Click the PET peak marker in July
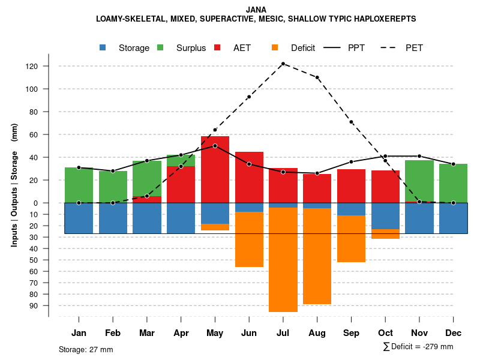tap(283, 64)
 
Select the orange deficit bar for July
tap(283, 259)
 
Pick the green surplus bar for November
tap(419, 181)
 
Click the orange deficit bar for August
tap(317, 256)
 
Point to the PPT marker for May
tap(215, 146)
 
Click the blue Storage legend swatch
tap(103, 48)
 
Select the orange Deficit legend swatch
tap(275, 48)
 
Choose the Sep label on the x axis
tap(351, 333)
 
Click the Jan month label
tap(79, 333)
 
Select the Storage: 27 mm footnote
tap(86, 349)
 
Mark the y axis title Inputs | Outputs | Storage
tap(14, 188)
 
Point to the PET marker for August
tap(317, 77)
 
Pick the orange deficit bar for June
tap(249, 239)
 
